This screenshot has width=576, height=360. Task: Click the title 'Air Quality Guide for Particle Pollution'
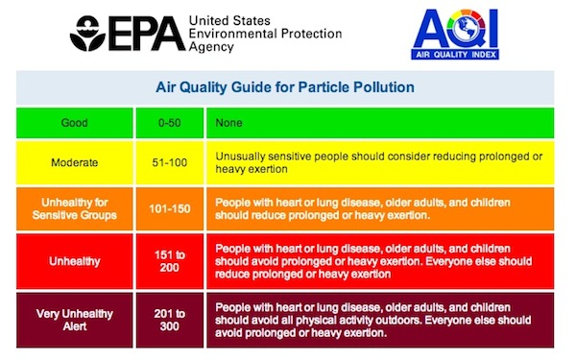pyautogui.click(x=285, y=87)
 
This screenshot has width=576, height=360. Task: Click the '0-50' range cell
pyautogui.click(x=176, y=123)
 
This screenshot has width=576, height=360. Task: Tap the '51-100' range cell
pyautogui.click(x=176, y=162)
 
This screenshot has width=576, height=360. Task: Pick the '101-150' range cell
pyautogui.click(x=176, y=209)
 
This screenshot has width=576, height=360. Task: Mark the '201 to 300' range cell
pyautogui.click(x=176, y=320)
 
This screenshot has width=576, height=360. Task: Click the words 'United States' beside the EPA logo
pyautogui.click(x=230, y=20)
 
